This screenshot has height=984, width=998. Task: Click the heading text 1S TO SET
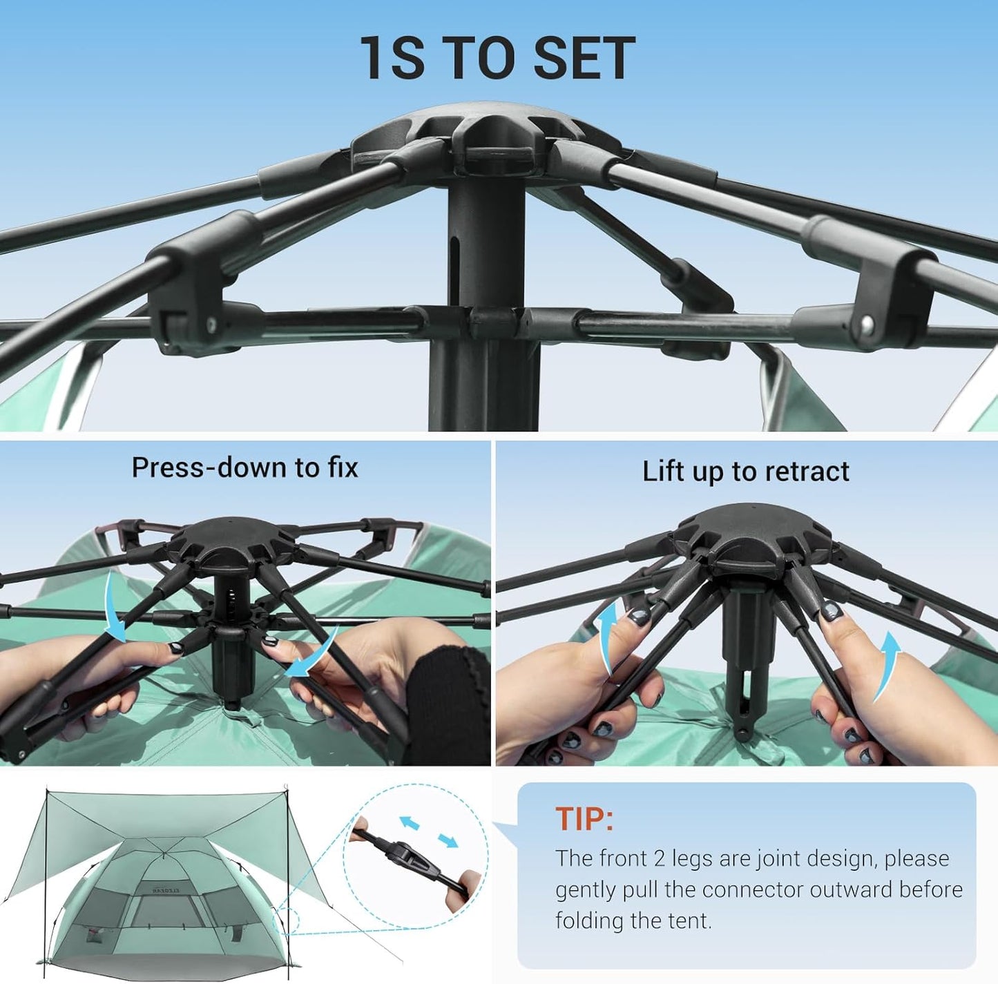(x=497, y=58)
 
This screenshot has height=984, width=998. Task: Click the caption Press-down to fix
(x=244, y=467)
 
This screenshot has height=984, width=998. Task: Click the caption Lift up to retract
(x=745, y=472)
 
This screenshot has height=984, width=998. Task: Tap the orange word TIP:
(x=584, y=819)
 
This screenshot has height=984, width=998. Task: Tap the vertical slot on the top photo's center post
(x=454, y=266)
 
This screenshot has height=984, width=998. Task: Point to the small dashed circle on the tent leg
(x=288, y=923)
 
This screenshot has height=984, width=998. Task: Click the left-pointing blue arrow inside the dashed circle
(x=410, y=822)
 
